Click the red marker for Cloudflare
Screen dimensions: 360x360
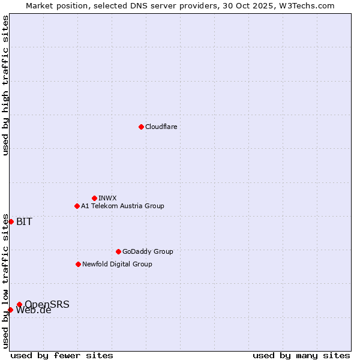pyautogui.click(x=141, y=127)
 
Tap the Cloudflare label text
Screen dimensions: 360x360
pyautogui.click(x=161, y=127)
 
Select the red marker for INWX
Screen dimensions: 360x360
pyautogui.click(x=94, y=198)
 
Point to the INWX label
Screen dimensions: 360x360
pyautogui.click(x=107, y=198)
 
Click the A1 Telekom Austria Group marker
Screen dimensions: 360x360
pyautogui.click(x=77, y=206)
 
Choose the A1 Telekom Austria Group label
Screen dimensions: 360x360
pyautogui.click(x=122, y=206)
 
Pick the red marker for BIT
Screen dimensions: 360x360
pyautogui.click(x=11, y=221)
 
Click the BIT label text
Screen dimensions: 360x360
pyautogui.click(x=24, y=221)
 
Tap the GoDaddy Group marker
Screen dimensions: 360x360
pyautogui.click(x=118, y=251)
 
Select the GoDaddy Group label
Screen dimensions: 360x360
pyautogui.click(x=148, y=251)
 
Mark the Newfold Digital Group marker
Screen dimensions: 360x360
pyautogui.click(x=78, y=264)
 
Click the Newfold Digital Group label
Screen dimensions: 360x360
pyautogui.click(x=117, y=264)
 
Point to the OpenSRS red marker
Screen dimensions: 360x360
pyautogui.click(x=19, y=304)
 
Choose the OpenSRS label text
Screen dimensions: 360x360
pyautogui.click(x=47, y=304)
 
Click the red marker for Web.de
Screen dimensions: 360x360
pyautogui.click(x=10, y=310)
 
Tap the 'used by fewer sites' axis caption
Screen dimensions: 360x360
pyautogui.click(x=62, y=355)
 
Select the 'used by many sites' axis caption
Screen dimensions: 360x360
pyautogui.click(x=301, y=355)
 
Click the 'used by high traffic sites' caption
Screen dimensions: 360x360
pyautogui.click(x=5, y=85)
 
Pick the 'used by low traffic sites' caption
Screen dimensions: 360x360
pyautogui.click(x=5, y=281)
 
